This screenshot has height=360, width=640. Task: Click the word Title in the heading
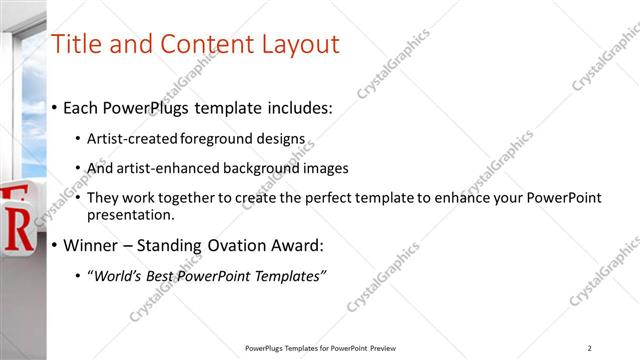(x=76, y=44)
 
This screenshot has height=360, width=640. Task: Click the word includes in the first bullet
(x=297, y=107)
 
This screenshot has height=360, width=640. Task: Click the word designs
(x=285, y=138)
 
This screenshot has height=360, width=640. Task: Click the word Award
(x=300, y=245)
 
